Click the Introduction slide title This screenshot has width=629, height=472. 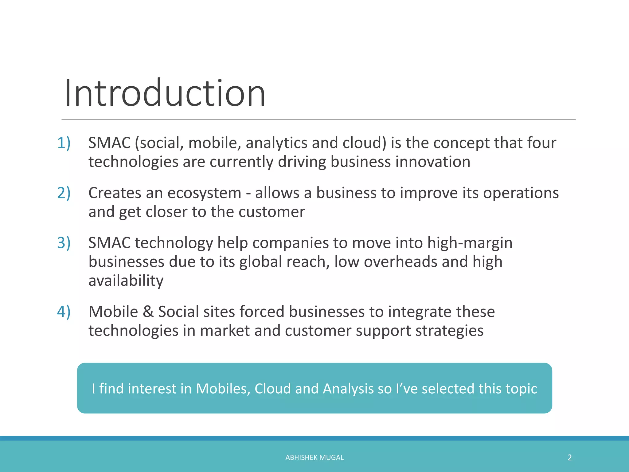click(165, 93)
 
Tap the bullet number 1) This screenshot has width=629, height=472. click(64, 143)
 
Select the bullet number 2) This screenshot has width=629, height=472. click(64, 193)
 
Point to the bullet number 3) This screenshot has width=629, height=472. click(64, 243)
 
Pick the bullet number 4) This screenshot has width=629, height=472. click(64, 312)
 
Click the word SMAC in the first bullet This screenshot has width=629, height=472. click(110, 143)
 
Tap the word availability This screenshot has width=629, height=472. click(126, 281)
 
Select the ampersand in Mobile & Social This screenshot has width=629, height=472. click(148, 312)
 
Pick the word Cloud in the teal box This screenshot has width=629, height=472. click(272, 389)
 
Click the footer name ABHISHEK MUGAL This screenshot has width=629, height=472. click(314, 458)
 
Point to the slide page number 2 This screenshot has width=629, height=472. click(569, 458)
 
